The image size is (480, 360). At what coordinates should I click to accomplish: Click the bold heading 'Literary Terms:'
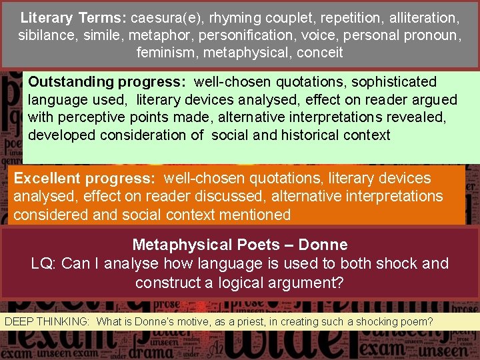click(73, 17)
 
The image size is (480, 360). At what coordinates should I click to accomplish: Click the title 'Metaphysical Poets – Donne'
click(240, 245)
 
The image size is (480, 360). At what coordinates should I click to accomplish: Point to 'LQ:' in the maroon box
click(43, 263)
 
